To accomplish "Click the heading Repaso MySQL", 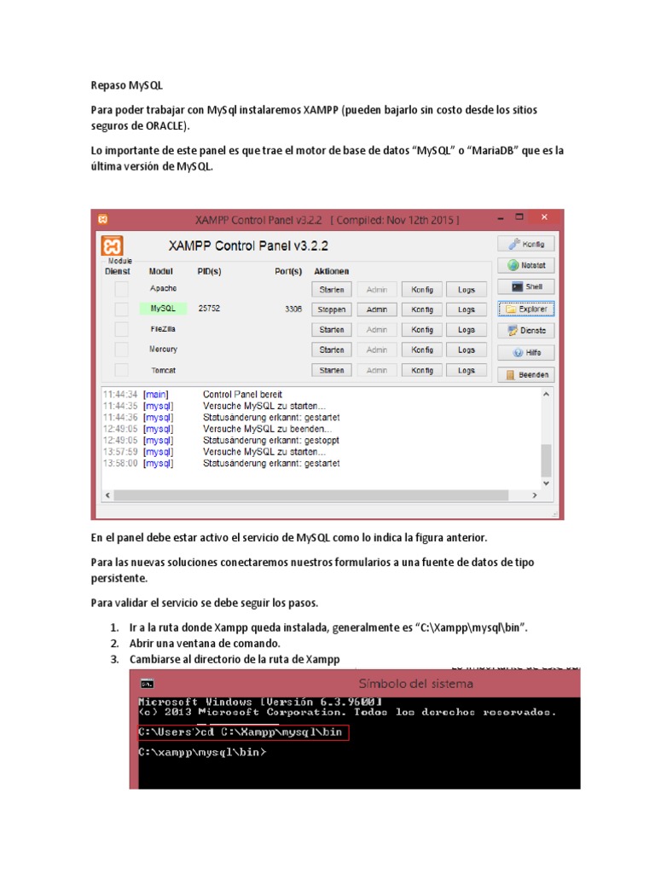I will point(126,86).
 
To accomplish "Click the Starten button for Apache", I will point(332,289).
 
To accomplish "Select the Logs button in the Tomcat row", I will point(466,371).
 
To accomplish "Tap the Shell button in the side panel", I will point(525,286).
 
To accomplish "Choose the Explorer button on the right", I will point(525,309).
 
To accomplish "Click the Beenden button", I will point(525,375).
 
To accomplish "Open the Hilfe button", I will point(525,352).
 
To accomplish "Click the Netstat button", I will point(525,265).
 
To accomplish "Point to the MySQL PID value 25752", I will point(209,309).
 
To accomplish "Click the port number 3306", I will point(293,309).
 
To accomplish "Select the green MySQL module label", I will point(163,309).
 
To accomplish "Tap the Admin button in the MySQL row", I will point(376,309).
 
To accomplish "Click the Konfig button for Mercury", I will point(422,350).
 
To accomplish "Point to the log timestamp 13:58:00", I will point(119,464).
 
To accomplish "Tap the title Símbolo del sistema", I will point(416,684).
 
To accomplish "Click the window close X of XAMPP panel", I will point(543,219).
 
